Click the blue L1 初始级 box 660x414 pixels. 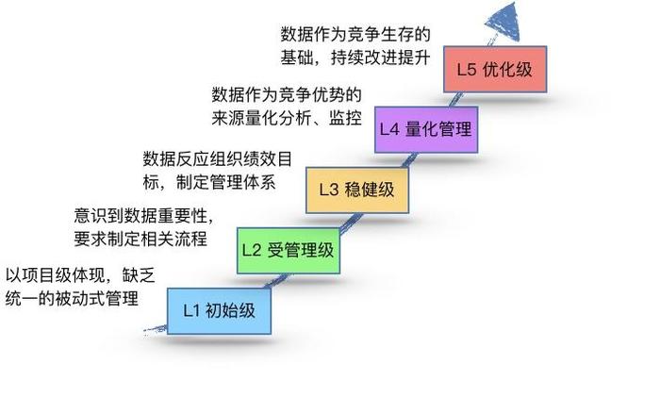pos(219,311)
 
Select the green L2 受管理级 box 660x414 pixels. pos(289,251)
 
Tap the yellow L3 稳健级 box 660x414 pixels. pos(357,190)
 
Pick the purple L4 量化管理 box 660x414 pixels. pos(426,129)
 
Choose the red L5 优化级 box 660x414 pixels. pos(495,70)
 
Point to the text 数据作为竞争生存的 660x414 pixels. pos(355,34)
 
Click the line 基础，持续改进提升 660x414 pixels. pos(355,58)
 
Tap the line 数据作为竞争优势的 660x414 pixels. pos(287,94)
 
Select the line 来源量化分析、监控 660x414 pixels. pos(287,118)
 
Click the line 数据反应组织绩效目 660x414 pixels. pos(218,158)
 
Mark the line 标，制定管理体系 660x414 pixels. pos(209,182)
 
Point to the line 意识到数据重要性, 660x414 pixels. pos(144,216)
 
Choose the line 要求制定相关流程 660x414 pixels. pos(140,239)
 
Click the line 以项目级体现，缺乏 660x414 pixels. pos(80,276)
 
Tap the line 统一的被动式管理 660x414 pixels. pos(72,299)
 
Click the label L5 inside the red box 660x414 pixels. pos(467,70)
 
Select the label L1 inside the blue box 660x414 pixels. pos(191,311)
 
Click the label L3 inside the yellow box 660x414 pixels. pos(329,190)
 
